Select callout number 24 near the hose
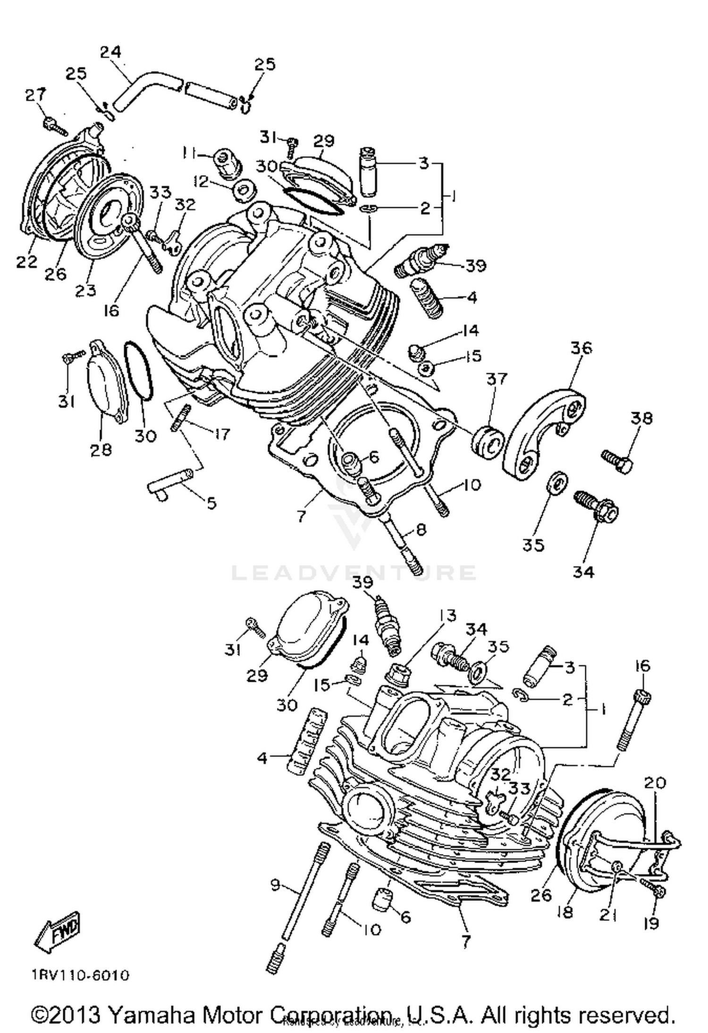(x=110, y=52)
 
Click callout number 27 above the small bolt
(x=36, y=95)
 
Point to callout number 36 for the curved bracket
(x=581, y=348)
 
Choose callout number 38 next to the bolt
(x=641, y=418)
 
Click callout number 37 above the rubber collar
(x=496, y=379)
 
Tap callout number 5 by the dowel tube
(x=211, y=503)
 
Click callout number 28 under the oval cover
(x=101, y=449)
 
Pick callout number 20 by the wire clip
(x=655, y=783)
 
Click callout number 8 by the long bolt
(x=421, y=529)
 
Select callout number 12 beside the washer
(x=202, y=181)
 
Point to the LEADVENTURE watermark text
(x=354, y=572)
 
